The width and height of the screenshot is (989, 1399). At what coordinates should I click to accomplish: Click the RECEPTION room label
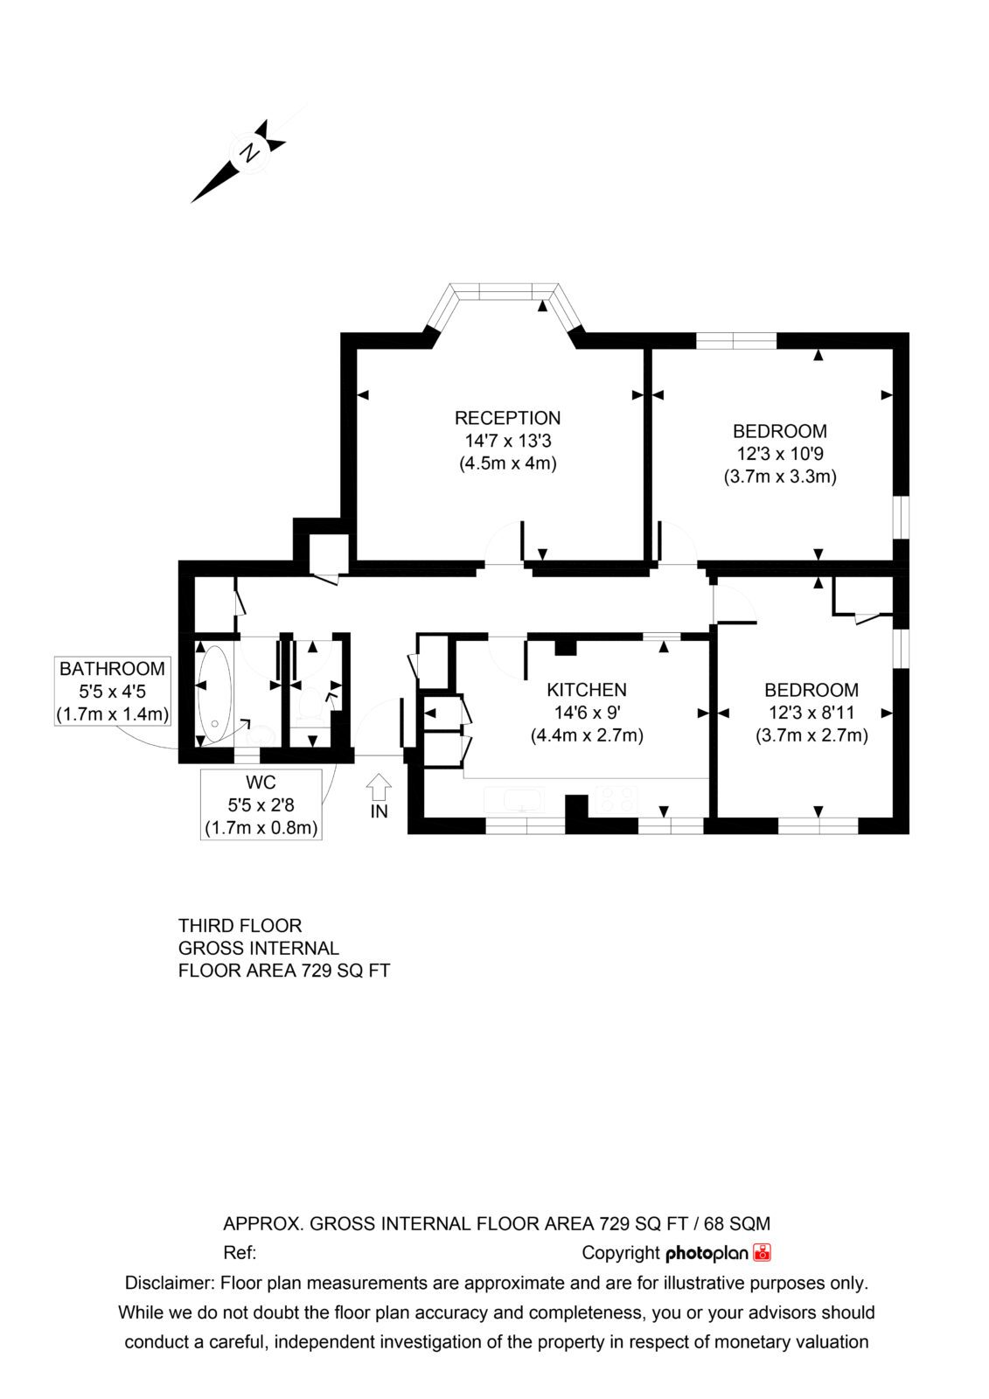507,418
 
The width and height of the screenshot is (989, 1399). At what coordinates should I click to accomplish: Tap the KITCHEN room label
587,690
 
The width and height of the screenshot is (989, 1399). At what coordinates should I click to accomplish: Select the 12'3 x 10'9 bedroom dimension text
780,454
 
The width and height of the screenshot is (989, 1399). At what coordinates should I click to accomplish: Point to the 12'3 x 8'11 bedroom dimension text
811,713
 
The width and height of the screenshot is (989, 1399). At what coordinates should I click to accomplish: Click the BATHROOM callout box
113,691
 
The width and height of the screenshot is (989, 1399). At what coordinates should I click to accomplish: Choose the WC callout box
261,804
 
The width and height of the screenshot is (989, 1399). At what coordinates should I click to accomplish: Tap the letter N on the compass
251,152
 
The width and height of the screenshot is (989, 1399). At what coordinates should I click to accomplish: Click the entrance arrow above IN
379,787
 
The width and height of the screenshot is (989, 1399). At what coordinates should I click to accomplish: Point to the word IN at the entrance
380,811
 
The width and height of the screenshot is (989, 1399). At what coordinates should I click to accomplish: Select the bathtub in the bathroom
214,694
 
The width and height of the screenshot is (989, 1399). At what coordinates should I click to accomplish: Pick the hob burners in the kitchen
617,799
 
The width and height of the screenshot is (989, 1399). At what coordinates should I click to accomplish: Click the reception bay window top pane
505,292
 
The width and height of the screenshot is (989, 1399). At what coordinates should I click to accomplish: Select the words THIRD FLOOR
240,926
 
